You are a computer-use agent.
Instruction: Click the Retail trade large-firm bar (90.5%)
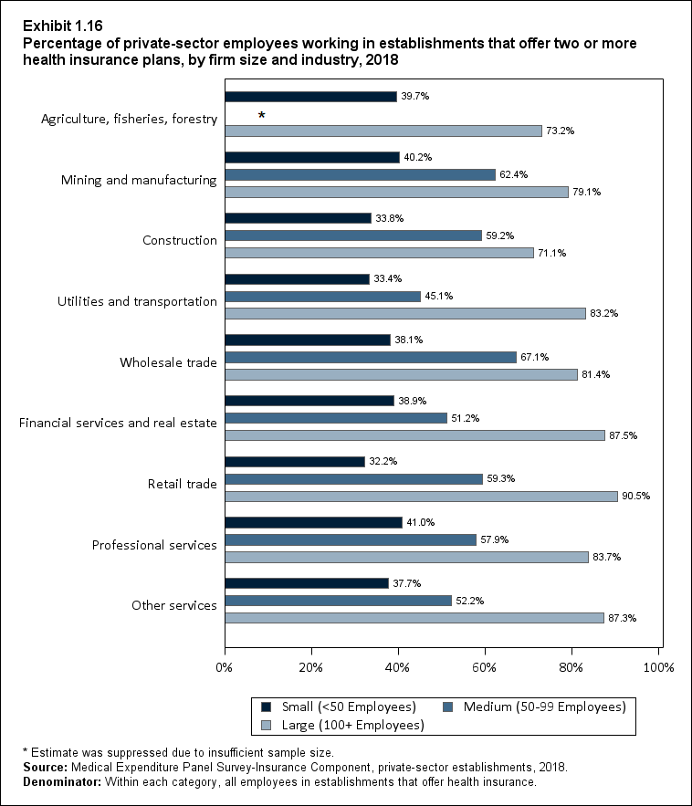click(421, 496)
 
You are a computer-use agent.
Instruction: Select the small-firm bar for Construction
click(298, 218)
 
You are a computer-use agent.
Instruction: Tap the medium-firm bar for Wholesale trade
click(370, 357)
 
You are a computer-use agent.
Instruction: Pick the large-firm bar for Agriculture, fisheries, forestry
click(383, 131)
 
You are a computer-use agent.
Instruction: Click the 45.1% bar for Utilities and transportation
click(322, 296)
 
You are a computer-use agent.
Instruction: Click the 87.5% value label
click(623, 435)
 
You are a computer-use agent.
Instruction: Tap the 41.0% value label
click(420, 522)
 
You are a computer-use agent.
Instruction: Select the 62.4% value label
click(513, 174)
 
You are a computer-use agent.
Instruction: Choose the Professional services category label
click(154, 545)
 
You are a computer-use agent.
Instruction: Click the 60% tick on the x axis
click(485, 668)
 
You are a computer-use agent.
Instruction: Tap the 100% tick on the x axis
click(658, 668)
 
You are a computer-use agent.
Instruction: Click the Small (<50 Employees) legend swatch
click(267, 707)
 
